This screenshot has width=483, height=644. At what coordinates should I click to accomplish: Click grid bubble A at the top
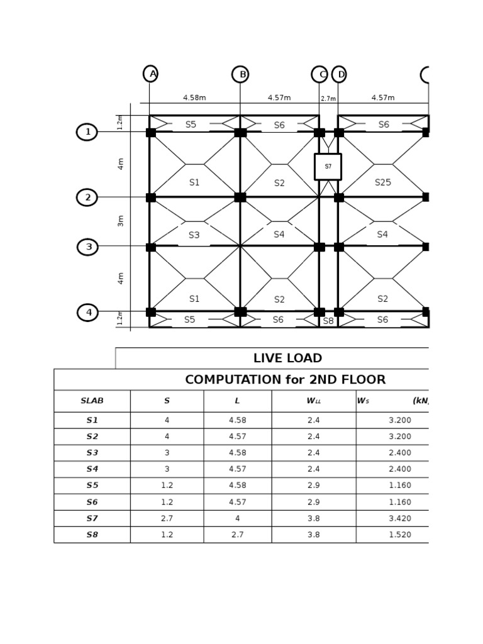pos(150,74)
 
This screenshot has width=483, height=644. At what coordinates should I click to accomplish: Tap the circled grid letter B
pos(240,74)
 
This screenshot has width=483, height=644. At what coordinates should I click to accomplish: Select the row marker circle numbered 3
pos(87,247)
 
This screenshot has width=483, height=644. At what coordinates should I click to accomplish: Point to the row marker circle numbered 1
pos(87,132)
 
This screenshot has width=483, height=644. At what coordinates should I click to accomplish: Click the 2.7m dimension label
pos(328,99)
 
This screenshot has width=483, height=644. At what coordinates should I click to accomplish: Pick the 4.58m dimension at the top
pos(194,97)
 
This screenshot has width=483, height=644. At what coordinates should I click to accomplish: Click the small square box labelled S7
pos(328,167)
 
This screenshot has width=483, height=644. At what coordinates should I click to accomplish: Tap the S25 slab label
pos(382,182)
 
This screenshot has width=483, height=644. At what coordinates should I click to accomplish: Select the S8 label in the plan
pos(328,321)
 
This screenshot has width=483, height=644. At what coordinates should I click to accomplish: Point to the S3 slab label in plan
pos(194,235)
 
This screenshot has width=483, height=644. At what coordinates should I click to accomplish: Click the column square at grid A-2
pos(151,197)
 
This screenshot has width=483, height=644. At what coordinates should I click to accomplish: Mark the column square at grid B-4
pos(240,312)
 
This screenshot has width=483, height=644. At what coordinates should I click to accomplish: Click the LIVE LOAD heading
pos(287,358)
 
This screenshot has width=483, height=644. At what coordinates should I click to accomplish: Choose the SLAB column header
pos(92,401)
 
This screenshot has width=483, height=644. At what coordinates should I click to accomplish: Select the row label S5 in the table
pos(92,486)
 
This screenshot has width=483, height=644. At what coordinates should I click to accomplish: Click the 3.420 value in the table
pos(399,518)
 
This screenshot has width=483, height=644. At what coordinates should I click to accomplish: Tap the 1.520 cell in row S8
pos(399,535)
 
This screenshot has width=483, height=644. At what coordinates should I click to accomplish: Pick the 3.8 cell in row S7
pos(313,518)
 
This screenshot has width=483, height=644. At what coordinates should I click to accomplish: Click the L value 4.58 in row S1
pos(237,420)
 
